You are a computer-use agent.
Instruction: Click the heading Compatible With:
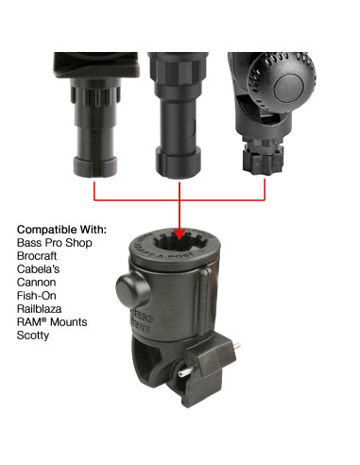coord(62,230)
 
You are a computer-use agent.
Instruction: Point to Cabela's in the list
coord(41,269)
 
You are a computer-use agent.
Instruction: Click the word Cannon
coord(38,283)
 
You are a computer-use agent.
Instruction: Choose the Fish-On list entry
coord(39,296)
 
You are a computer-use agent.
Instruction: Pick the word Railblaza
coord(43,309)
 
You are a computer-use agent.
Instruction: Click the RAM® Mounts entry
coord(52,322)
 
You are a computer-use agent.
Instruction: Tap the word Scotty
coord(35,336)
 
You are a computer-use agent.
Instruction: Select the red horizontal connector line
coord(180,199)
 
